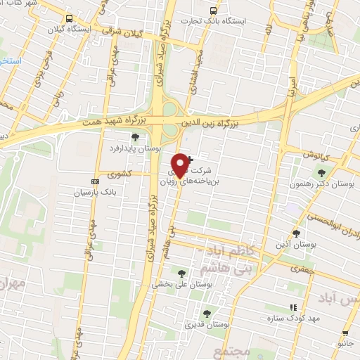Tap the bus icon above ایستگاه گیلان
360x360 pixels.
coord(68,19)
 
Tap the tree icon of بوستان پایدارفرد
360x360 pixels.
coord(135,137)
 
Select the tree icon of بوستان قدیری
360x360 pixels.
coord(207,314)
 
